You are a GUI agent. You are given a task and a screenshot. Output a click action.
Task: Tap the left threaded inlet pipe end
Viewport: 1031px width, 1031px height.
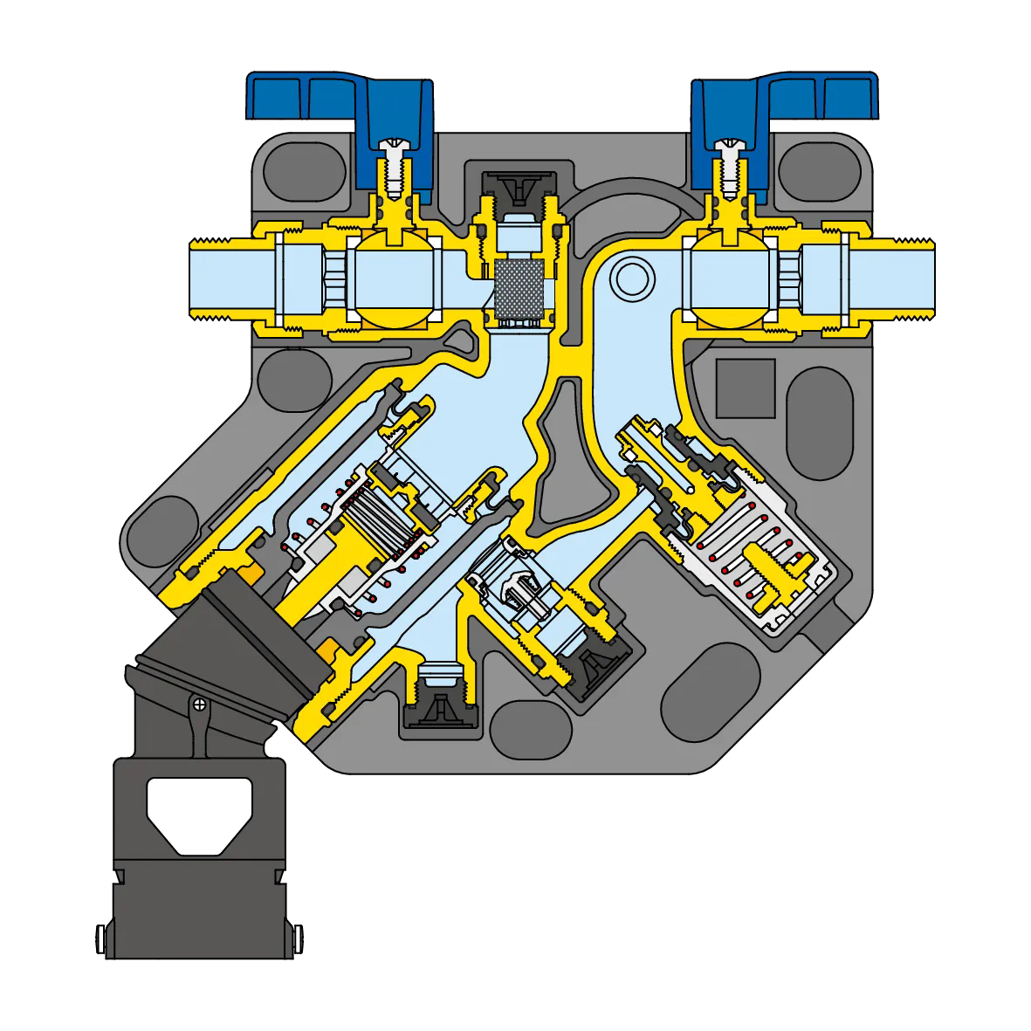pyautogui.click(x=210, y=278)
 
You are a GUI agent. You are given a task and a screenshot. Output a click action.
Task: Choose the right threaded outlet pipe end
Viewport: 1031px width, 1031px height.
pyautogui.click(x=908, y=278)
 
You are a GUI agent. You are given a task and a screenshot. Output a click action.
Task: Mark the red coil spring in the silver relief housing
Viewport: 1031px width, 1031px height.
pyautogui.click(x=768, y=559)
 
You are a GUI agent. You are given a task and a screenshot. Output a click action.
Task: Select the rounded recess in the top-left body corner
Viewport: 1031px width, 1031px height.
pyautogui.click(x=301, y=166)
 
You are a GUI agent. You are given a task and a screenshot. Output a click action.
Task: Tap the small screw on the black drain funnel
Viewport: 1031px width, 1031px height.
pyautogui.click(x=200, y=703)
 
